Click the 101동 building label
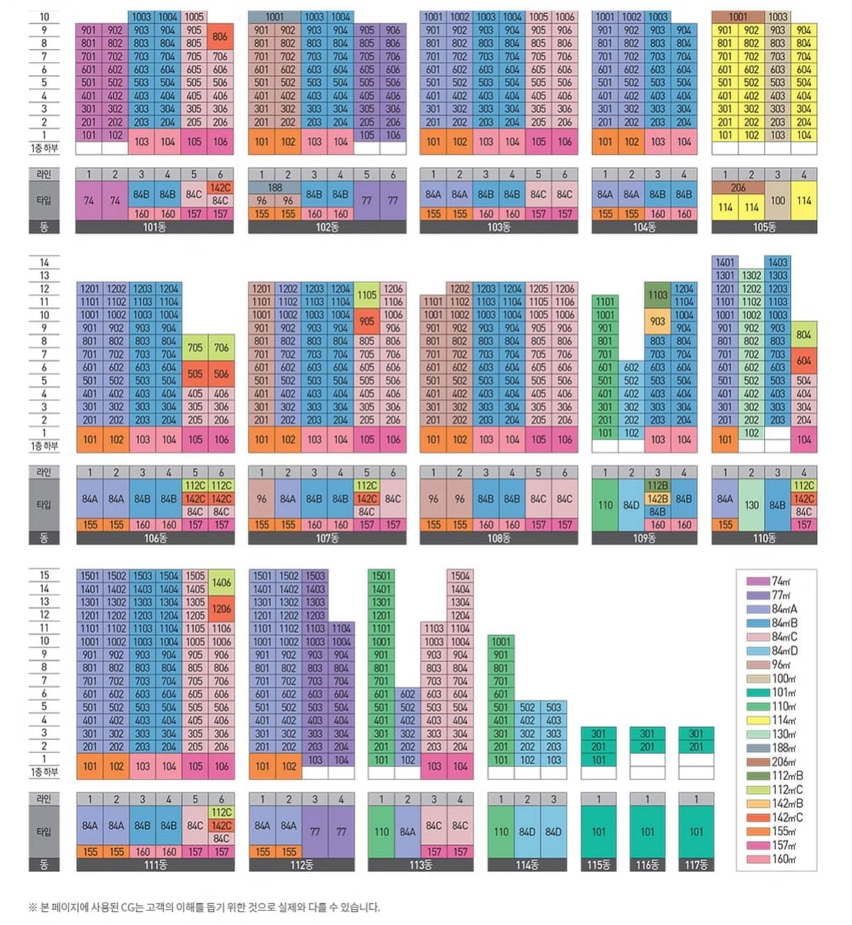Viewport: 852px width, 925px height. [x=154, y=227]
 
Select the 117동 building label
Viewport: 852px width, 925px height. [x=696, y=865]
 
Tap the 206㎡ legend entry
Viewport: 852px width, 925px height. [x=783, y=762]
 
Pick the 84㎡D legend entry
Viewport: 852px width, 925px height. [x=784, y=651]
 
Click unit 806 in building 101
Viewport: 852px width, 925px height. [x=220, y=36]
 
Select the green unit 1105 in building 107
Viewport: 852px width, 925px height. [x=367, y=295]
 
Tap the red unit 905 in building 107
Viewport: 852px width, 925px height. [x=367, y=321]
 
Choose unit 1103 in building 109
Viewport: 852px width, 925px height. [x=658, y=295]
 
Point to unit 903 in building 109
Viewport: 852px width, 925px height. [x=658, y=321]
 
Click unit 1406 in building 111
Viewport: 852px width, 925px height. [x=221, y=582]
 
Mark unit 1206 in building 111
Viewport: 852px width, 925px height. [x=221, y=608]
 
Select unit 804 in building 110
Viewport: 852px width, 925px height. [x=804, y=334]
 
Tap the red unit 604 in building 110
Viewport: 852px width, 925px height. [x=804, y=360]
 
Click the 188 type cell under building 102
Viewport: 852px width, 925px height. [x=275, y=187]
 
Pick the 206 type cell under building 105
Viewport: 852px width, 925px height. [x=738, y=187]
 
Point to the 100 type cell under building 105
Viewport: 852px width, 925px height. [x=778, y=200]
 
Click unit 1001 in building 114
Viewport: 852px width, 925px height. [x=501, y=641]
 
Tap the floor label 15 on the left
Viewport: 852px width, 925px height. [x=44, y=575]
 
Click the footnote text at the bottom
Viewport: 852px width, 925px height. [x=204, y=907]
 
